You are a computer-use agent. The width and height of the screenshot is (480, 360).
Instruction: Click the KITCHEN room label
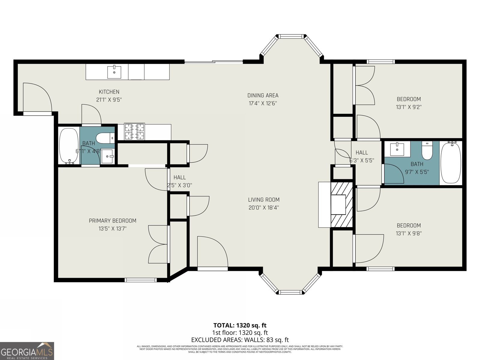pyautogui.click(x=109, y=92)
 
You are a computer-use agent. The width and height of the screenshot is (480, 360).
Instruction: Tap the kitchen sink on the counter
pyautogui.click(x=114, y=72)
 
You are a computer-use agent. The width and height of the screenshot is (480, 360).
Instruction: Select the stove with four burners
pyautogui.click(x=134, y=132)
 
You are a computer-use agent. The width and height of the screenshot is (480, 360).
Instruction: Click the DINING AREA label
pyautogui.click(x=263, y=95)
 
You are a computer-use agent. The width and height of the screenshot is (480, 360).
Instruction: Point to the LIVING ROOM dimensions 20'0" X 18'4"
pyautogui.click(x=264, y=207)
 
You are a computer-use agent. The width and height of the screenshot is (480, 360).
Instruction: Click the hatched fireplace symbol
pyautogui.click(x=341, y=205)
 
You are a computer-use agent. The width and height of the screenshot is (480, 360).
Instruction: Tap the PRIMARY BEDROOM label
pyautogui.click(x=112, y=220)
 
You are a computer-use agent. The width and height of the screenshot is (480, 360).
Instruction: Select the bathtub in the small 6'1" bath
pyautogui.click(x=69, y=146)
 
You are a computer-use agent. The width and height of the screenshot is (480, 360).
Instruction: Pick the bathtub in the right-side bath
pyautogui.click(x=451, y=163)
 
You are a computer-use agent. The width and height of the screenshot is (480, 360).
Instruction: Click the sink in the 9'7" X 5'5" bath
pyautogui.click(x=397, y=149)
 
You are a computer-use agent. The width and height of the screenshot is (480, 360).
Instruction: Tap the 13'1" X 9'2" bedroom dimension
pyautogui.click(x=409, y=107)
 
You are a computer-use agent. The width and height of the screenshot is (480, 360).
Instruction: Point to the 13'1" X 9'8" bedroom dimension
pyautogui.click(x=409, y=233)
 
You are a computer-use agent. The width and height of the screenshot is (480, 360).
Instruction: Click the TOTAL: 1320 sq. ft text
pyautogui.click(x=240, y=325)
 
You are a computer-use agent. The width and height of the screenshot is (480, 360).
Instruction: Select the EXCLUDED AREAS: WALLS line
pyautogui.click(x=240, y=340)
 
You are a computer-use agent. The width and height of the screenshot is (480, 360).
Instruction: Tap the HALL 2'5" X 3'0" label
pyautogui.click(x=179, y=181)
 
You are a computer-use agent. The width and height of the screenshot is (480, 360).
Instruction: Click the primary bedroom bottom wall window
pyautogui.click(x=141, y=280)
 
